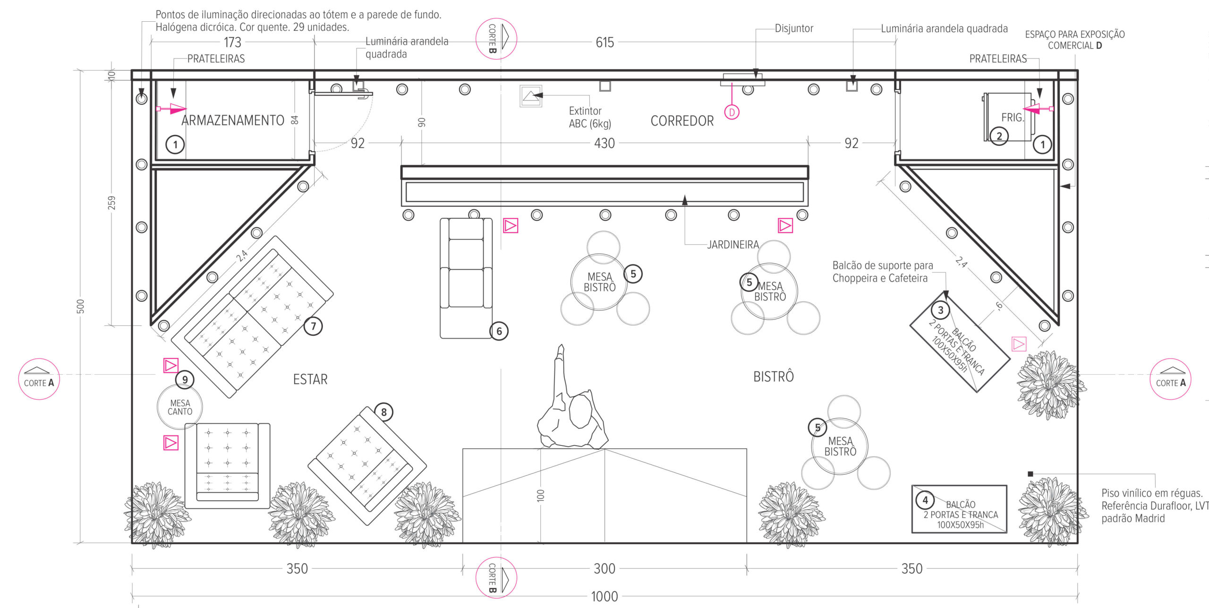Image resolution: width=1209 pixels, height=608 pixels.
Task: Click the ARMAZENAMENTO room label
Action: click(x=233, y=120)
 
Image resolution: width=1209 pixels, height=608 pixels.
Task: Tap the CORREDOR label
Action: click(x=682, y=121)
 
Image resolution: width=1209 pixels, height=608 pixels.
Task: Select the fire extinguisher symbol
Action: click(x=531, y=96)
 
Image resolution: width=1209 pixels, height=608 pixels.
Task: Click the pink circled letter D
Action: click(x=732, y=112)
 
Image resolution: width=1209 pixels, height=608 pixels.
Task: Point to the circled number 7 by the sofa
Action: click(x=313, y=326)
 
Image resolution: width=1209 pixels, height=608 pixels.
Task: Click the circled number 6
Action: click(x=499, y=331)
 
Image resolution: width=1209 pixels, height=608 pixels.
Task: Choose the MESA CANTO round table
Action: click(x=180, y=407)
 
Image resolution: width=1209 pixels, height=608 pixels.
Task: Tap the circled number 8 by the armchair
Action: click(x=384, y=412)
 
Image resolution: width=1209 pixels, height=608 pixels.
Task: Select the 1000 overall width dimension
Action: click(x=604, y=597)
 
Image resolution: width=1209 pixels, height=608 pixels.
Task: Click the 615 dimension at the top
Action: click(x=604, y=43)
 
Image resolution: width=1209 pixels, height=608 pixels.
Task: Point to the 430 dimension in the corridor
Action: click(x=604, y=143)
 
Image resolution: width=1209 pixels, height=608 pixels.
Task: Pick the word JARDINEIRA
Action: click(x=733, y=245)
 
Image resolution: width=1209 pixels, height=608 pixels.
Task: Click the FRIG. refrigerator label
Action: click(x=1013, y=117)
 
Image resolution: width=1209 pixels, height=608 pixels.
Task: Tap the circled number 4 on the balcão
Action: click(x=925, y=500)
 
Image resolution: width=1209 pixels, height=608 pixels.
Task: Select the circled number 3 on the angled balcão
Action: click(x=941, y=310)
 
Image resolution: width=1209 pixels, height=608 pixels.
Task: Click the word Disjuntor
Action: click(x=794, y=28)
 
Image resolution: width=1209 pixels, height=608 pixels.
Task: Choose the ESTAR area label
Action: click(x=310, y=379)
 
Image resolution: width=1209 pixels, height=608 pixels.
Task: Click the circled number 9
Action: click(x=185, y=379)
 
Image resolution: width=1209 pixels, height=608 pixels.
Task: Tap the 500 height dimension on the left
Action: click(x=81, y=306)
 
